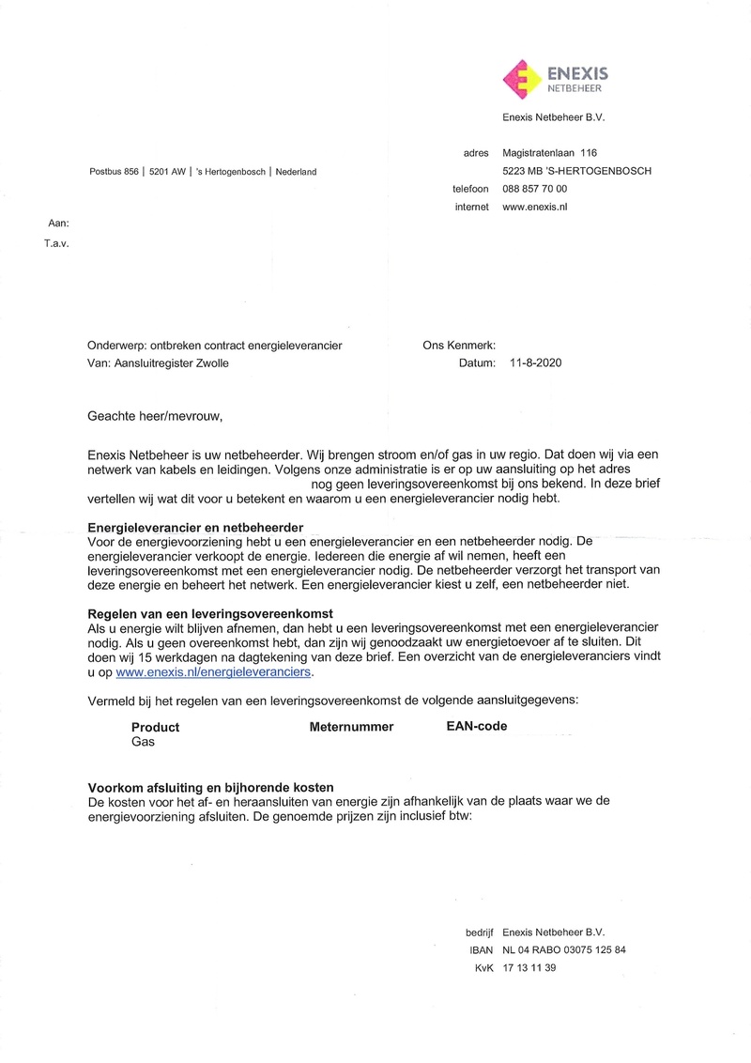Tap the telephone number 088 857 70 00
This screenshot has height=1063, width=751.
pos(535,189)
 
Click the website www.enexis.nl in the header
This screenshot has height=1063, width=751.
pos(536,207)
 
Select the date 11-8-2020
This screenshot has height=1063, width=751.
pos(535,363)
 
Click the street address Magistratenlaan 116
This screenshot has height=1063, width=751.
pos(550,153)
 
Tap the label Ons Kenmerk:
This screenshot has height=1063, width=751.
pos(459,346)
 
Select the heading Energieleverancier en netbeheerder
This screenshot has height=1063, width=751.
pos(194,528)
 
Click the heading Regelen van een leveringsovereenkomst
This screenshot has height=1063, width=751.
pos(210,613)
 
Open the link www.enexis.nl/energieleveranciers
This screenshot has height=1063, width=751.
pos(213,672)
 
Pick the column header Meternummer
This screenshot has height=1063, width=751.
pos(351,727)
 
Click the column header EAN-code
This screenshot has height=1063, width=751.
pos(477,726)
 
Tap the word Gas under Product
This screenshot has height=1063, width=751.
pos(143,742)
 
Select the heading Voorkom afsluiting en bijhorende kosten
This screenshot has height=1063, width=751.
pos(211,787)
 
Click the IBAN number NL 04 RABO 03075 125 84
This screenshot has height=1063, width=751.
pos(564,950)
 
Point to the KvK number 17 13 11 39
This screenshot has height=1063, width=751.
pos(529,968)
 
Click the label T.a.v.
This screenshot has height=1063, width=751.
pos(56,241)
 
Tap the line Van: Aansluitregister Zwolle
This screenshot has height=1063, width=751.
pos(158,363)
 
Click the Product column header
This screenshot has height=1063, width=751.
pos(155,727)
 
